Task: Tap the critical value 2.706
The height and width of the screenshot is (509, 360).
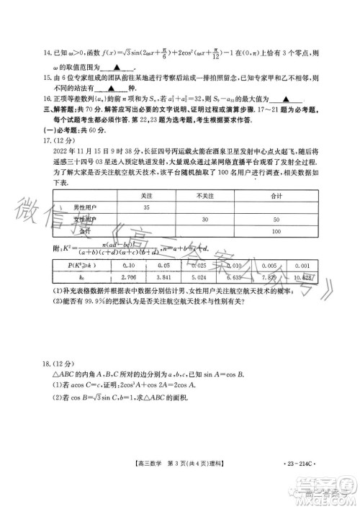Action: (x=130, y=276)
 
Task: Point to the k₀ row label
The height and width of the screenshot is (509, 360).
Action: (x=81, y=276)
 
